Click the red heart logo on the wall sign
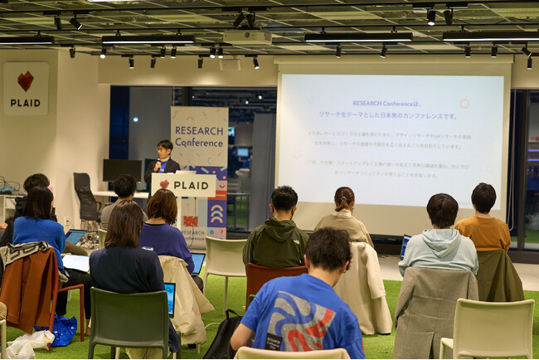click(x=26, y=80)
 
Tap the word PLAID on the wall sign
click(x=25, y=103)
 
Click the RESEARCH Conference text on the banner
click(x=198, y=136)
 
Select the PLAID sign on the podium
click(x=183, y=184)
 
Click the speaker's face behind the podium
click(x=164, y=148)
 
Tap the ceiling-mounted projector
click(x=246, y=36)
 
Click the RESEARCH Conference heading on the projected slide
click(x=380, y=104)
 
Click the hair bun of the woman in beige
click(x=343, y=195)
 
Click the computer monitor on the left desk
click(x=121, y=169)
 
